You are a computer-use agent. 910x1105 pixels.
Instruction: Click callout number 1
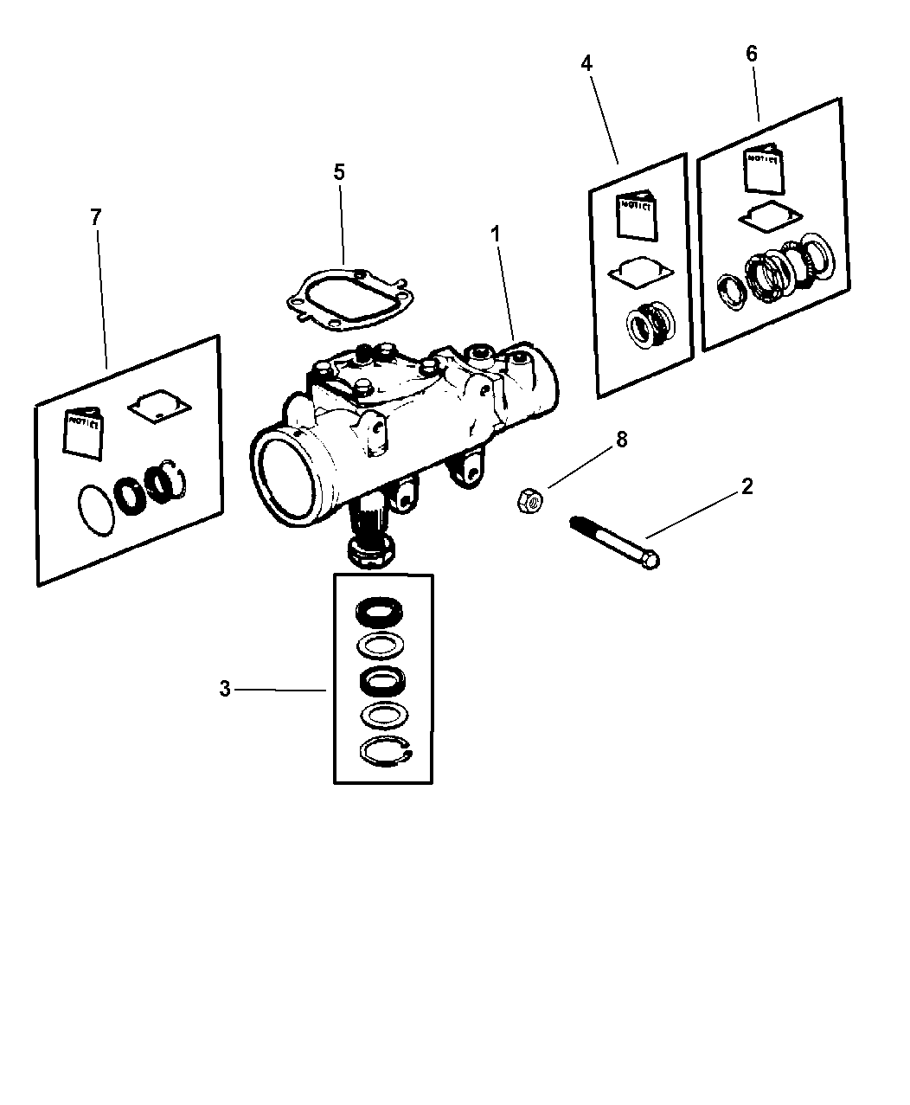pyautogui.click(x=497, y=234)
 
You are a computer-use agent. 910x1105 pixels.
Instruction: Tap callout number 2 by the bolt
pyautogui.click(x=747, y=486)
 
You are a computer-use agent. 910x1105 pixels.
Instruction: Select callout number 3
pyautogui.click(x=225, y=690)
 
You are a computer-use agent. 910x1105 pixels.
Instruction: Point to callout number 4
pyautogui.click(x=586, y=63)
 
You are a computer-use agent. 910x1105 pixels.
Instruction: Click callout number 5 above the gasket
pyautogui.click(x=339, y=172)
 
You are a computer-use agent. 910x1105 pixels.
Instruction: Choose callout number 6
pyautogui.click(x=751, y=54)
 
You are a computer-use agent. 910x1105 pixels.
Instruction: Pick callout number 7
pyautogui.click(x=95, y=217)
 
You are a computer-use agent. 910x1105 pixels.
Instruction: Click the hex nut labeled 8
pyautogui.click(x=529, y=500)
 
